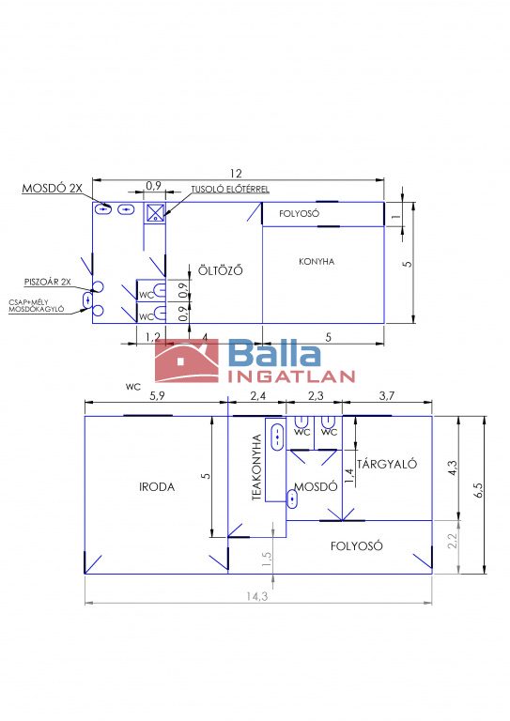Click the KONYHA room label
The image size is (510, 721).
[317, 262]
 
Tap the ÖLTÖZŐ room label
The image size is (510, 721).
[221, 270]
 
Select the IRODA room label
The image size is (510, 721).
[157, 486]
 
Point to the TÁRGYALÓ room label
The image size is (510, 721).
[387, 464]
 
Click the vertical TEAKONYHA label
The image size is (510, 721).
[256, 468]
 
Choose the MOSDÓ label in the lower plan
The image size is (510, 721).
[316, 486]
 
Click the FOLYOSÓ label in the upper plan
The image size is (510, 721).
[299, 214]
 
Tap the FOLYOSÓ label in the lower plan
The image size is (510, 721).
[356, 546]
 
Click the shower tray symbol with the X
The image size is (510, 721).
[156, 212]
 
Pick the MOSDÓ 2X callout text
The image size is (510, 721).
[52, 188]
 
